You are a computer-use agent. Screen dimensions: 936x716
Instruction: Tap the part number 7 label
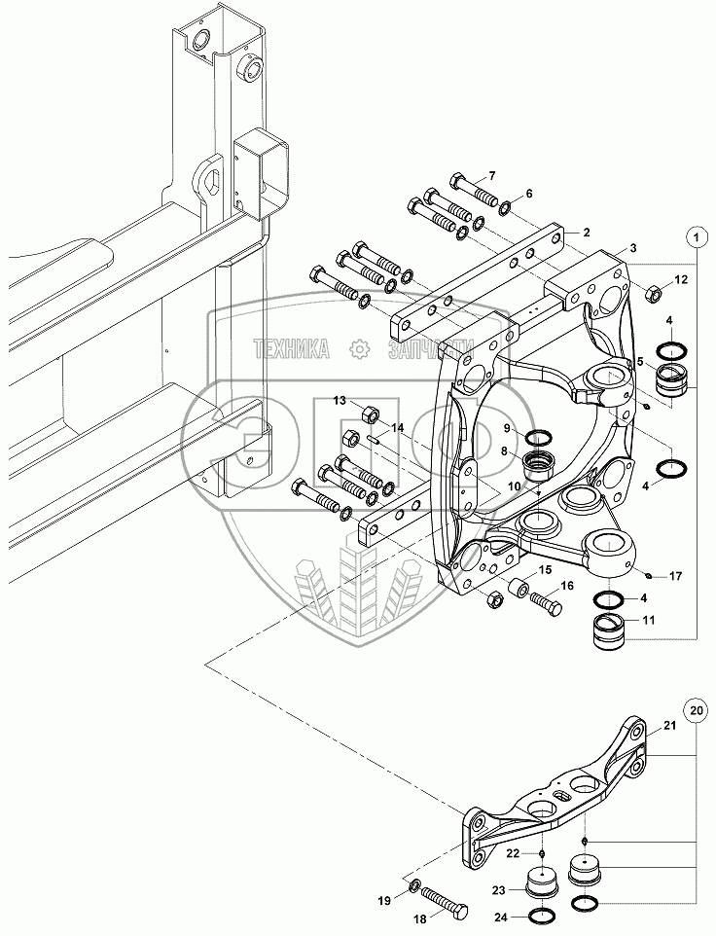coord(492,176)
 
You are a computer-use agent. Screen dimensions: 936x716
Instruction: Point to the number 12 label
coord(680,280)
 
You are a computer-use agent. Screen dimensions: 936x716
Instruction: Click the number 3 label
coord(633,248)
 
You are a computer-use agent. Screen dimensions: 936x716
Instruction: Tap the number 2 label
coord(588,233)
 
